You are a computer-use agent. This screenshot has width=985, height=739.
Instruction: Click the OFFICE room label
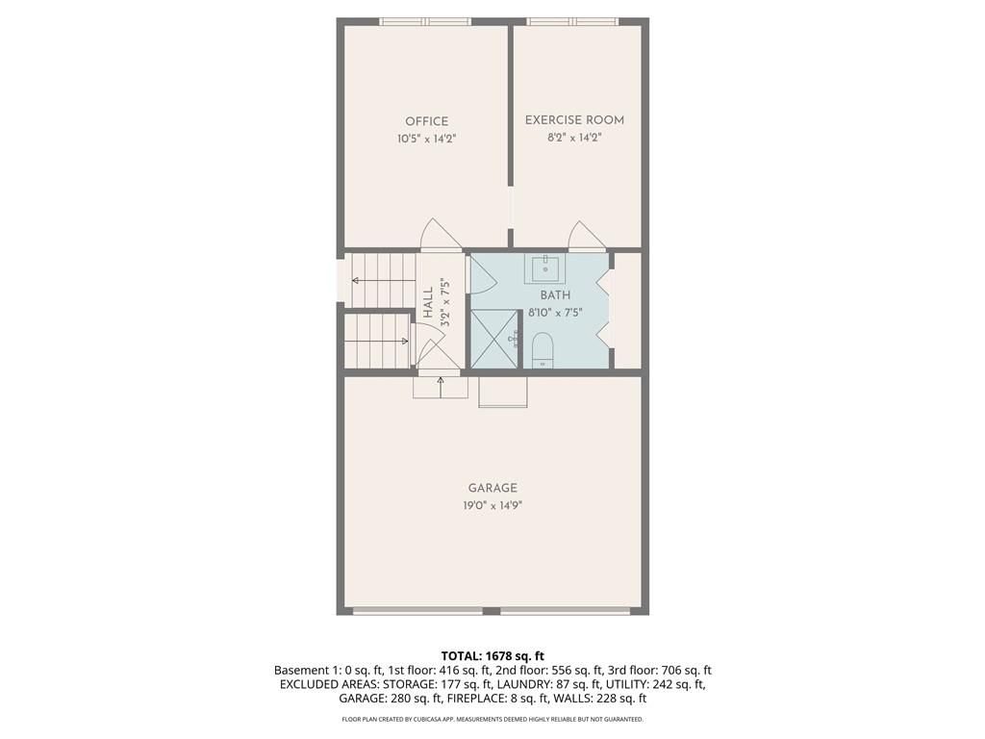tap(426, 121)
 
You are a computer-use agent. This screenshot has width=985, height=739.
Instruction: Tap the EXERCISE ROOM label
tap(574, 120)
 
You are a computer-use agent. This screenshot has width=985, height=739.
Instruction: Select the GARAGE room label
tap(492, 488)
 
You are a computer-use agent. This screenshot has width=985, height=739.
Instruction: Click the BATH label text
tap(555, 294)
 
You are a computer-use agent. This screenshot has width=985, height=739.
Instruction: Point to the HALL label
tap(428, 302)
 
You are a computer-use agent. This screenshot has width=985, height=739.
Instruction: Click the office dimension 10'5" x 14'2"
tap(426, 139)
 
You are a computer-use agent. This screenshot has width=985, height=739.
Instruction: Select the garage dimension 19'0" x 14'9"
tap(492, 505)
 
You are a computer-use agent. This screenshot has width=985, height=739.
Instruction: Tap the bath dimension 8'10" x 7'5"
tap(555, 312)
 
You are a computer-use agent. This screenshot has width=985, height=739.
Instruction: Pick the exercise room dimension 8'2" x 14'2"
tap(574, 138)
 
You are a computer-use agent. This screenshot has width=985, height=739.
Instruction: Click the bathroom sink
tap(544, 268)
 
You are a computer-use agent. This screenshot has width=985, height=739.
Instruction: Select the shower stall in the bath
tap(494, 339)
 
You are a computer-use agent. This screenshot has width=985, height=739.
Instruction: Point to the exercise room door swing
tap(587, 236)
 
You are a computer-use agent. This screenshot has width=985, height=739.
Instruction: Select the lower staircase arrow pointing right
tap(377, 342)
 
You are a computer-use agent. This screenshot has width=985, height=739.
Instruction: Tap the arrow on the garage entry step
tap(441, 387)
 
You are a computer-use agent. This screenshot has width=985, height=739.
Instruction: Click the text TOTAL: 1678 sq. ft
tap(492, 656)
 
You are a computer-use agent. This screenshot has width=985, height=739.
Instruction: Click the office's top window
tap(425, 21)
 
